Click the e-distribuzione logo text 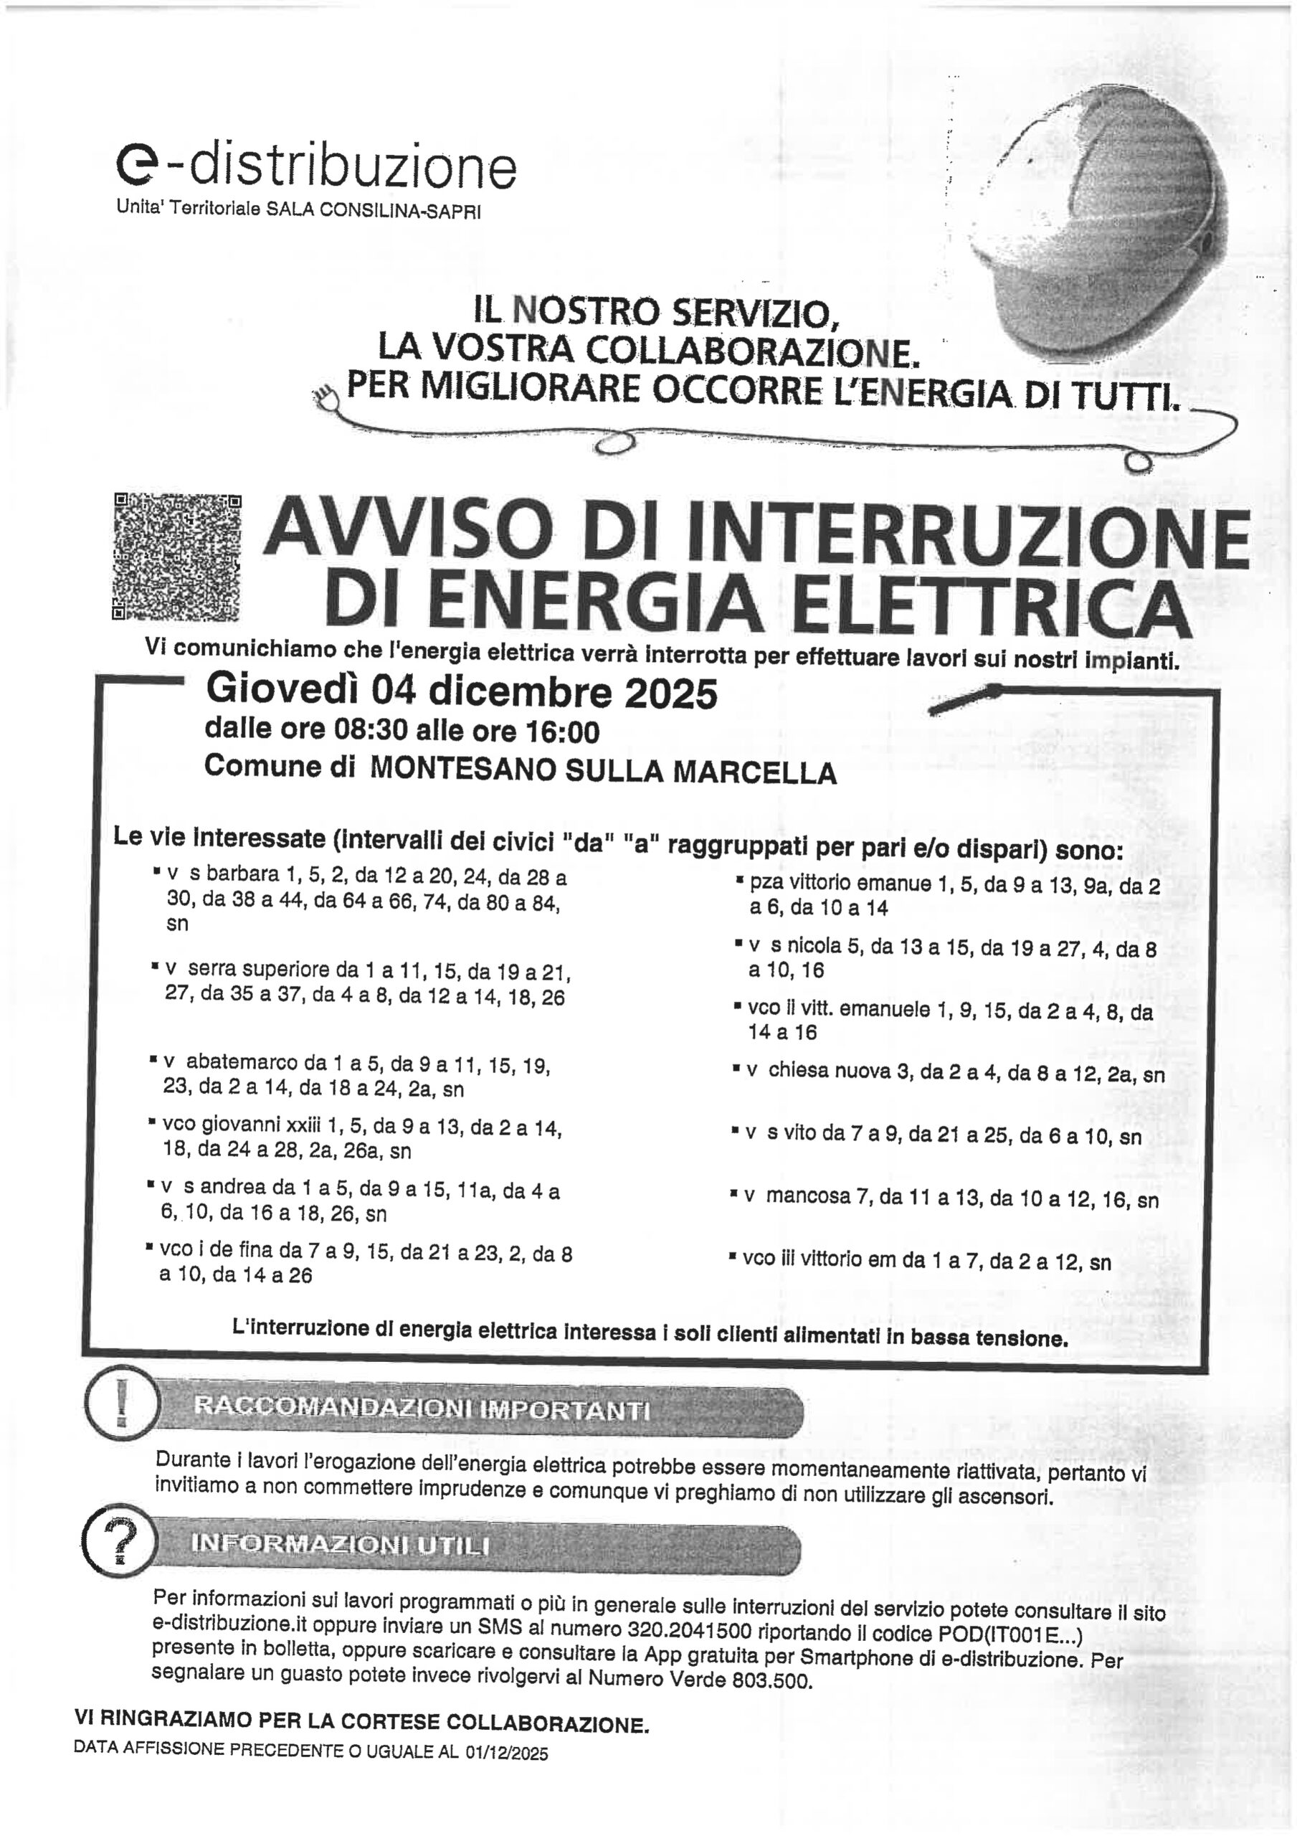click(x=316, y=166)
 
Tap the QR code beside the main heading click(x=176, y=557)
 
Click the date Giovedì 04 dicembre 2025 click(x=462, y=693)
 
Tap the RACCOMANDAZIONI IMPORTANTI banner click(x=480, y=1410)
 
